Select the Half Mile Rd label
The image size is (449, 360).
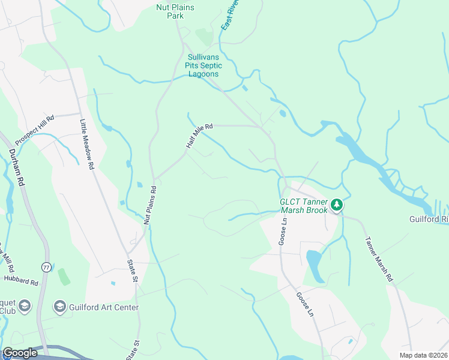click(x=199, y=137)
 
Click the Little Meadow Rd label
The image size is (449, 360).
click(x=88, y=143)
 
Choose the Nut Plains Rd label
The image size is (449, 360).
click(x=150, y=205)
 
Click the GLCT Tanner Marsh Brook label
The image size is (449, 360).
click(x=304, y=206)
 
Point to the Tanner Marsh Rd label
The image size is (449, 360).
click(x=378, y=259)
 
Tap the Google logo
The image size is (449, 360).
click(x=20, y=353)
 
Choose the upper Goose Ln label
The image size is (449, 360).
click(x=284, y=231)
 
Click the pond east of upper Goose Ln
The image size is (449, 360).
click(x=315, y=263)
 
